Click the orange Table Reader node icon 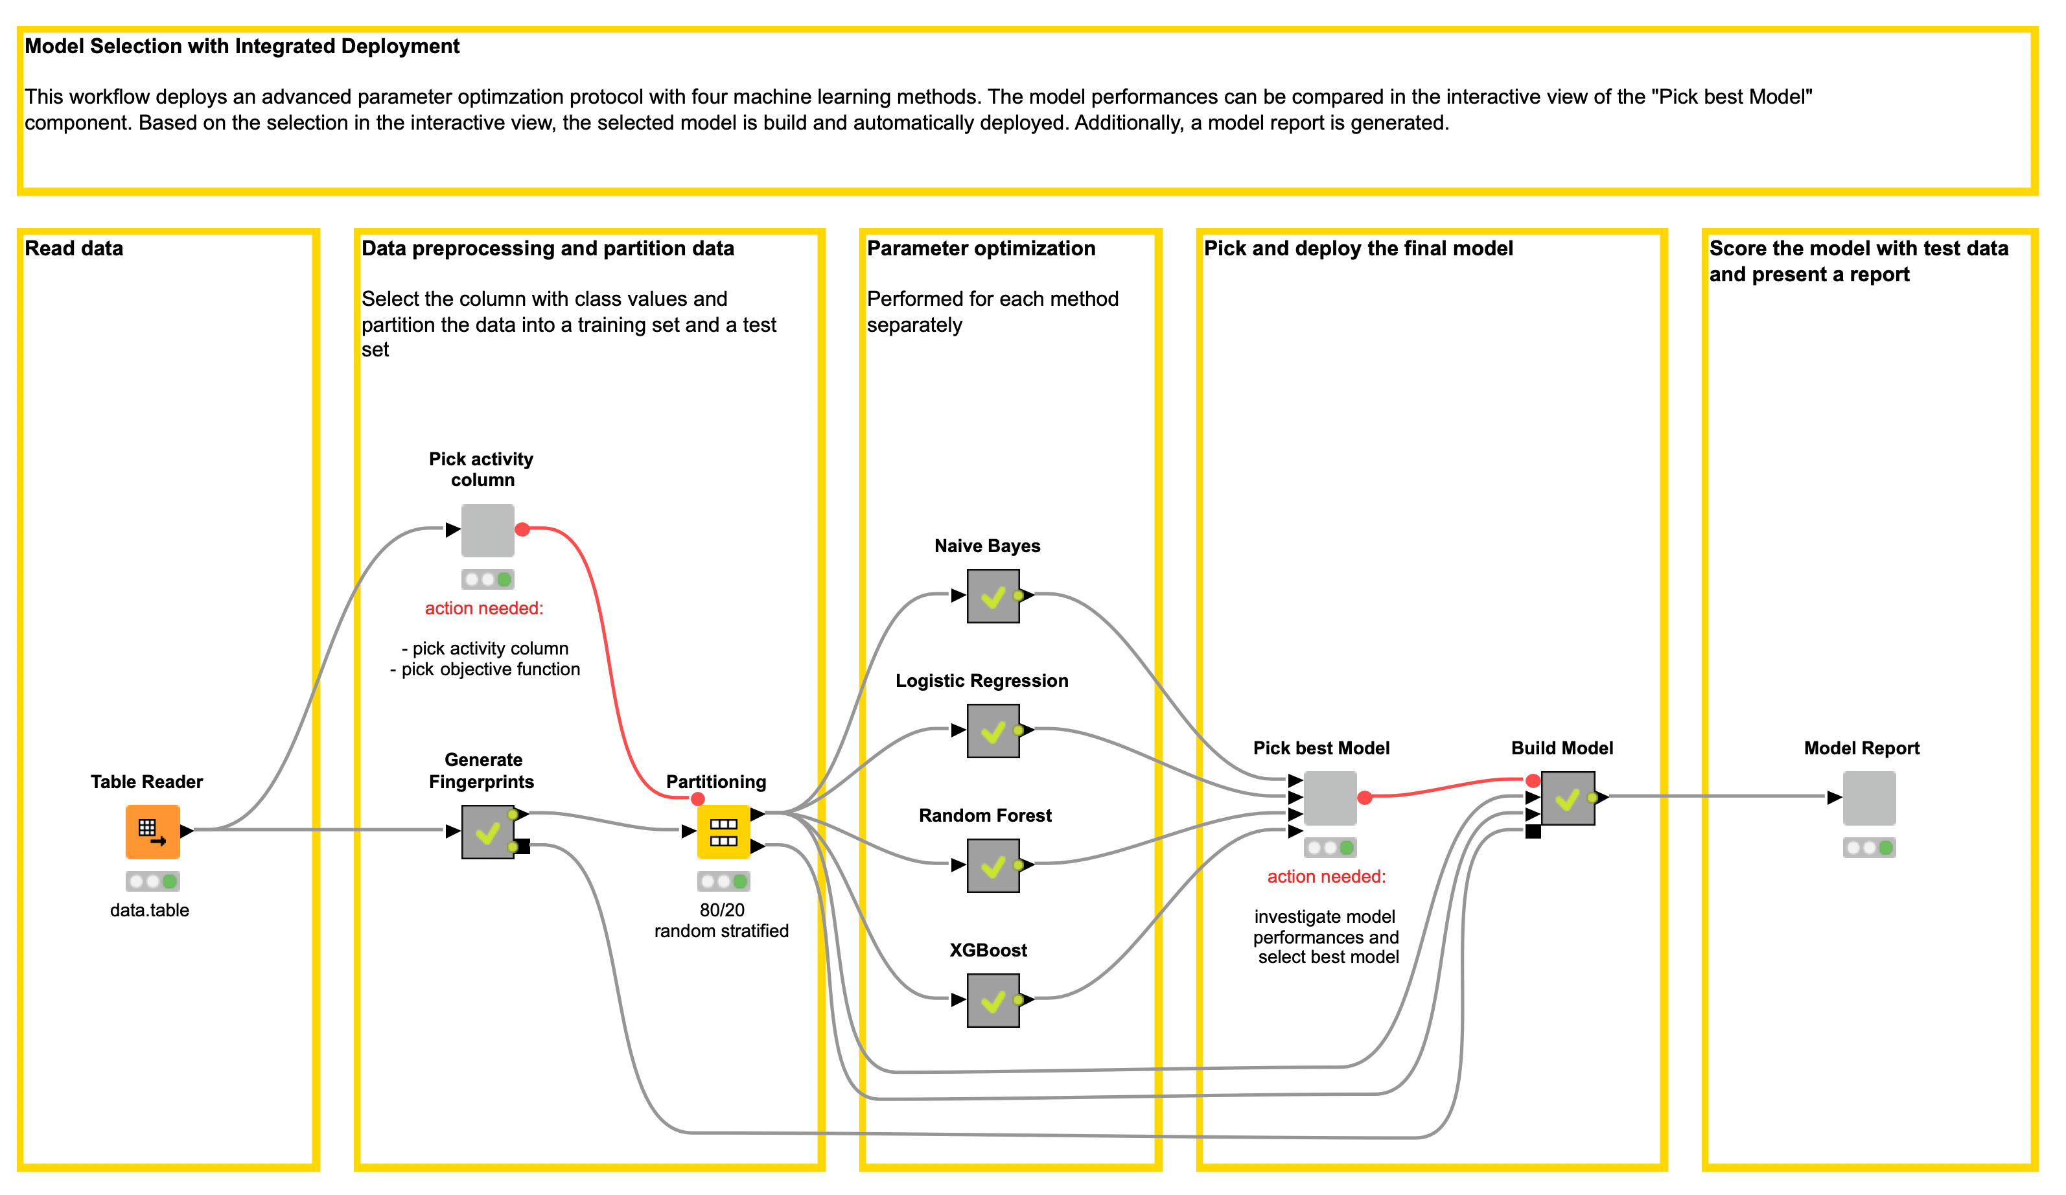point(152,831)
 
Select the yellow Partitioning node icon point(723,831)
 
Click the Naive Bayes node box point(993,596)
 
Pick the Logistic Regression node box point(993,730)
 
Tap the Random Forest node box point(993,864)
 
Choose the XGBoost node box point(993,1000)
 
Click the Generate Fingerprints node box point(488,831)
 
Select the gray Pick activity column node point(488,530)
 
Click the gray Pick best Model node point(1330,798)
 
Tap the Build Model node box point(1568,798)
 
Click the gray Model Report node point(1869,798)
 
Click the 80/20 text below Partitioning point(721,910)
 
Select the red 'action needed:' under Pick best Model point(1326,876)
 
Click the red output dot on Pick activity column point(522,529)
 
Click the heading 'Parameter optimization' point(981,248)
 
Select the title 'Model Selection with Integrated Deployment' point(242,46)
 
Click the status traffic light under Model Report point(1869,848)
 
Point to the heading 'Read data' point(74,248)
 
